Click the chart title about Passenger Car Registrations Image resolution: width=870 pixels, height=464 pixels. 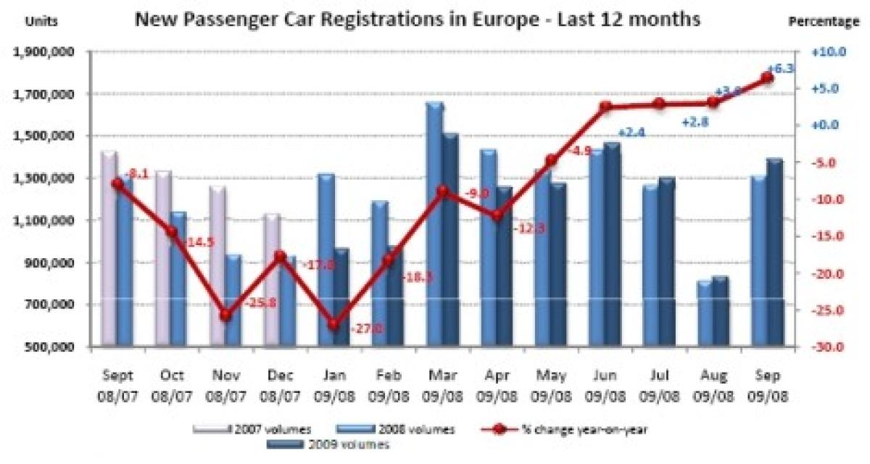pyautogui.click(x=417, y=20)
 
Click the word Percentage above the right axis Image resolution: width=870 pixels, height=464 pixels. pyautogui.click(x=824, y=22)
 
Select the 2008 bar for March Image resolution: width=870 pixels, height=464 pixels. pyautogui.click(x=434, y=225)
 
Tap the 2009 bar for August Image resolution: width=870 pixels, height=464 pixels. pyautogui.click(x=720, y=312)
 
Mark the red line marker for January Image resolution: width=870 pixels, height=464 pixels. pyautogui.click(x=334, y=325)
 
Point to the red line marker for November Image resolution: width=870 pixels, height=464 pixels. pyautogui.click(x=225, y=315)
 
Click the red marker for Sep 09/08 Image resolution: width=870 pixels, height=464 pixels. pyautogui.click(x=768, y=78)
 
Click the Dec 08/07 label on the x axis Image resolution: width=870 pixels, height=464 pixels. pyautogui.click(x=280, y=386)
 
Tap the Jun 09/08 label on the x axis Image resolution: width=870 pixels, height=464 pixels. pyautogui.click(x=606, y=386)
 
